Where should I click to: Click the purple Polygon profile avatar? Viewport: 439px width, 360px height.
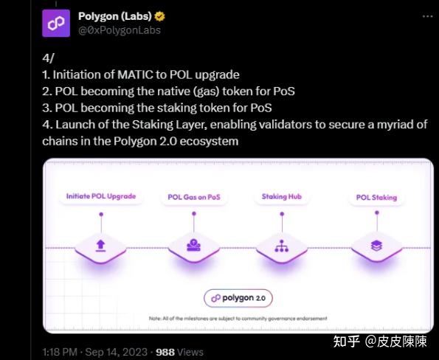point(56,24)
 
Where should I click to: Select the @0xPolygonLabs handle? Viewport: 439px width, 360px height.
point(120,30)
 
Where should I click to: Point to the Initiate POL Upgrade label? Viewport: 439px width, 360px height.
point(101,196)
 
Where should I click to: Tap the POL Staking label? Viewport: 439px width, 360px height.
point(376,198)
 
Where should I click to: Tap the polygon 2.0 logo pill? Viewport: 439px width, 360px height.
point(238,297)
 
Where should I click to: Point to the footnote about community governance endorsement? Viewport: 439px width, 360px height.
point(238,319)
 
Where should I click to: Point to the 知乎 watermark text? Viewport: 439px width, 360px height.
point(346,341)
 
